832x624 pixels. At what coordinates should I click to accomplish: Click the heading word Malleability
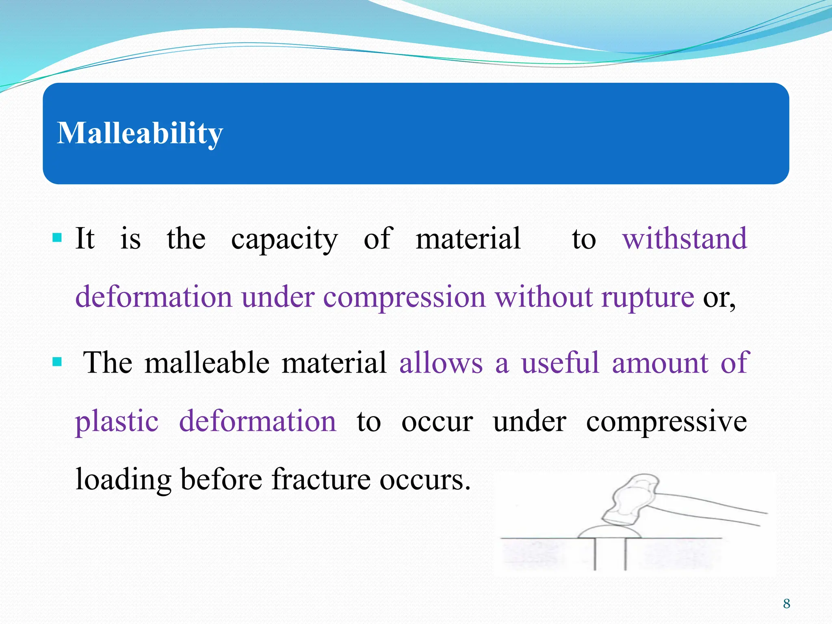(x=140, y=134)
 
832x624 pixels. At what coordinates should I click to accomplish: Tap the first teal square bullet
(x=57, y=237)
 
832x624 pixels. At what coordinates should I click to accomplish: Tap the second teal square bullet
(x=57, y=361)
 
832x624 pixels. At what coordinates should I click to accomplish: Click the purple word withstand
(x=685, y=239)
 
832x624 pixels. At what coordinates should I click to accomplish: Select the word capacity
(x=284, y=240)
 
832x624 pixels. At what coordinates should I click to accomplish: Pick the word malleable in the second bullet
(x=207, y=362)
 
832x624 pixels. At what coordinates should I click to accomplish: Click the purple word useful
(x=561, y=362)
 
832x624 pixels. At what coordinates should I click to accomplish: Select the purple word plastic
(x=117, y=422)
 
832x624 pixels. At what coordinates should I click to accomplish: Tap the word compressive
(x=666, y=422)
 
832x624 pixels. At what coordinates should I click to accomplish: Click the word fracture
(x=321, y=479)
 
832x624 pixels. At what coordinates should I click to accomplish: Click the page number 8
(x=786, y=604)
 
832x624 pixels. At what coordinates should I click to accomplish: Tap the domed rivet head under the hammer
(x=609, y=532)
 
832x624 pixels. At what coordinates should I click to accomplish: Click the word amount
(x=661, y=362)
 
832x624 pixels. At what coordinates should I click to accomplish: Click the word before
(x=221, y=479)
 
